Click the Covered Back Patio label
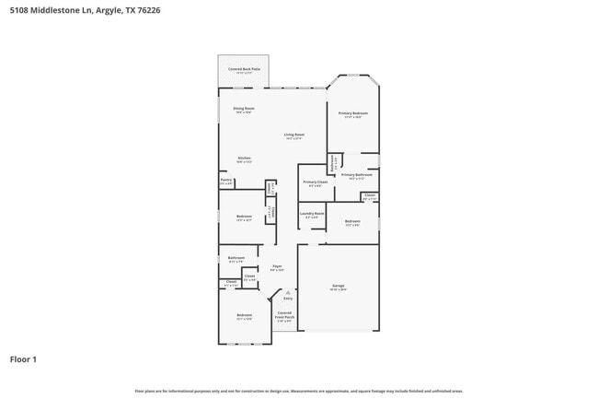pyautogui.click(x=244, y=69)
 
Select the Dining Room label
pyautogui.click(x=244, y=109)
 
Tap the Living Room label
pyautogui.click(x=294, y=135)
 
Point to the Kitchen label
pyautogui.click(x=244, y=158)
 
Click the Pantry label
pyautogui.click(x=225, y=181)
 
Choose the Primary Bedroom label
pyautogui.click(x=353, y=113)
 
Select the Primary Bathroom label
pyautogui.click(x=356, y=174)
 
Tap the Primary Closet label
pyautogui.click(x=316, y=182)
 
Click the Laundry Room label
pyautogui.click(x=313, y=214)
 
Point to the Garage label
pyautogui.click(x=338, y=286)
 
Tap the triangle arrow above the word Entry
pyautogui.click(x=288, y=292)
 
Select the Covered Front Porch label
pyautogui.click(x=285, y=316)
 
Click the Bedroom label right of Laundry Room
pyautogui.click(x=352, y=221)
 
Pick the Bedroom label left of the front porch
pyautogui.click(x=244, y=315)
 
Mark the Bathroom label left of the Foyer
pyautogui.click(x=236, y=257)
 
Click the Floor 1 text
pyautogui.click(x=24, y=358)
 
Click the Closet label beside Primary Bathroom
pyautogui.click(x=369, y=194)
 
